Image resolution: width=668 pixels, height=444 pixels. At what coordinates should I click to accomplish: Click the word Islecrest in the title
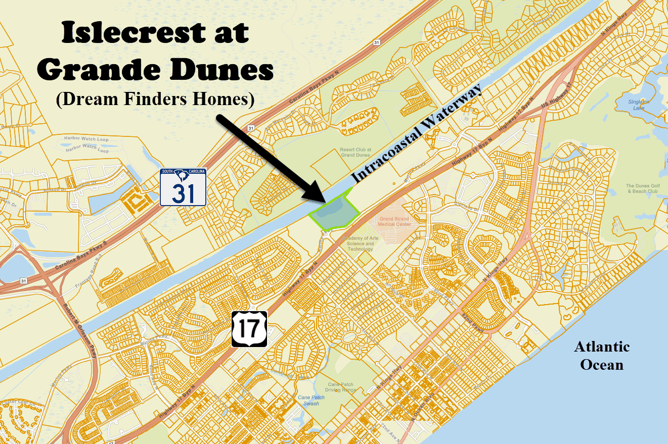tap(155, 33)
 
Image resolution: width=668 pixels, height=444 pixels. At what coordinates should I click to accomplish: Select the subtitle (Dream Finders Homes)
tap(155, 99)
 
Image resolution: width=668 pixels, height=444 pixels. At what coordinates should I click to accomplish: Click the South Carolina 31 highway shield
tap(183, 187)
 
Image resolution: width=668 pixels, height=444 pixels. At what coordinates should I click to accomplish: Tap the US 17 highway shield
tap(249, 329)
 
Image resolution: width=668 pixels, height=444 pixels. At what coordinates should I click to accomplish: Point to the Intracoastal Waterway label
tap(418, 134)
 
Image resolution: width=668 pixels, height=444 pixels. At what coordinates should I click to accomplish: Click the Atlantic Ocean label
tap(602, 356)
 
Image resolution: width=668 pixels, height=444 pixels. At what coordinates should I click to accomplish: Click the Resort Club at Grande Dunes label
tap(355, 152)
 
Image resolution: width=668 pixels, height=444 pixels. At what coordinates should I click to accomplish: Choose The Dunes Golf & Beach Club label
tap(642, 188)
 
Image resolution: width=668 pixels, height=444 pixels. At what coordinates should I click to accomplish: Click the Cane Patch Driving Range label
tap(340, 387)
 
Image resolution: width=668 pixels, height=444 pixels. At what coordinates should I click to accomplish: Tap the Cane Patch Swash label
tap(311, 400)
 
